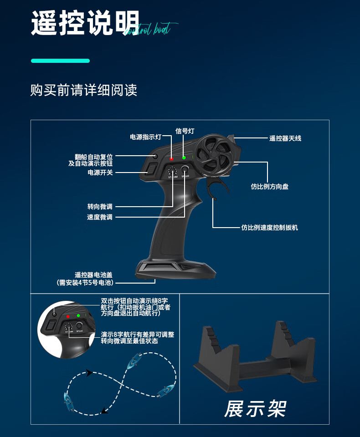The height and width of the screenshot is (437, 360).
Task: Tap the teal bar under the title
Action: tap(60, 61)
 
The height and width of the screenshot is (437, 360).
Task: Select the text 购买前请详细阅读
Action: tap(83, 90)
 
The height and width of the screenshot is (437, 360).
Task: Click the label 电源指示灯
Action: tap(145, 137)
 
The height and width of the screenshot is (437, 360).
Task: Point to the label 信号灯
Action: tap(185, 131)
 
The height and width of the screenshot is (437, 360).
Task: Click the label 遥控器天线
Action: tap(285, 138)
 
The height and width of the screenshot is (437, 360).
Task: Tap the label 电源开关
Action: tap(100, 173)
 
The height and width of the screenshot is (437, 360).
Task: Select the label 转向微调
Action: tap(100, 207)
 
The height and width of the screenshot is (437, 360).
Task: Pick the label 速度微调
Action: tap(100, 217)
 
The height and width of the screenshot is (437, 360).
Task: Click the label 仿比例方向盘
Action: tap(269, 186)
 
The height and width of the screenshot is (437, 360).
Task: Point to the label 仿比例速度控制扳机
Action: tap(269, 227)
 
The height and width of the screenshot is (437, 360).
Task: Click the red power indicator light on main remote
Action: tap(171, 159)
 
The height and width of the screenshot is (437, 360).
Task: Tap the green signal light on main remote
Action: tap(184, 158)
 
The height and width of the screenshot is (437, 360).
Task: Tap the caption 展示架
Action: tap(255, 408)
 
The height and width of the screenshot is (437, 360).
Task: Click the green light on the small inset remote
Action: tap(78, 315)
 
